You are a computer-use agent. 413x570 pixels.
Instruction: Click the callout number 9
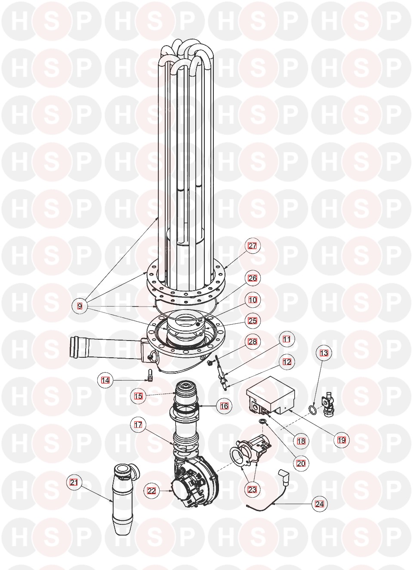coord(80,306)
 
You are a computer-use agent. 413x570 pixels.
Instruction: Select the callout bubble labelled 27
coord(253,246)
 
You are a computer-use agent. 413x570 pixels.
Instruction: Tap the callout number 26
coord(253,278)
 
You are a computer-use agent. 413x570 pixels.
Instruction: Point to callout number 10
coord(253,300)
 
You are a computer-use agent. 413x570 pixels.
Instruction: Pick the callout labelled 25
coord(253,321)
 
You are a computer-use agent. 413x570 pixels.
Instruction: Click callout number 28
coord(253,341)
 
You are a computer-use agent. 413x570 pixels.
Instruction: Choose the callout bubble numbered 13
coord(324,353)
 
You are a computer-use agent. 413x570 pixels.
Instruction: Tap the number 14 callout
coord(105,380)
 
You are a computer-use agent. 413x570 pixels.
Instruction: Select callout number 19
coord(342,440)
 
